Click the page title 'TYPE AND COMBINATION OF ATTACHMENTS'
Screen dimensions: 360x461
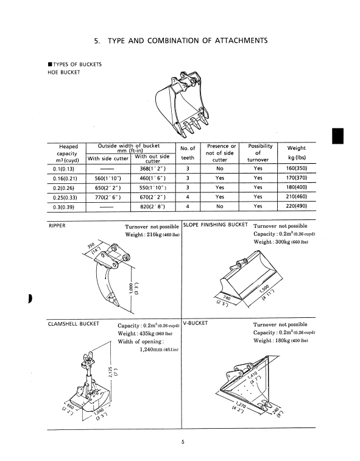pyautogui.click(x=188, y=41)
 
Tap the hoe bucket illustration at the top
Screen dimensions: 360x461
pyautogui.click(x=183, y=104)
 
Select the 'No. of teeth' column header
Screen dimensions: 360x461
pyautogui.click(x=188, y=153)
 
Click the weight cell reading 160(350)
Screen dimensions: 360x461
pyautogui.click(x=297, y=169)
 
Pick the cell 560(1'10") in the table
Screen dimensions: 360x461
pyautogui.click(x=108, y=178)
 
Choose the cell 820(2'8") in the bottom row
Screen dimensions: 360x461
pyautogui.click(x=153, y=206)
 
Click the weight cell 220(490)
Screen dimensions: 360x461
pyautogui.click(x=297, y=206)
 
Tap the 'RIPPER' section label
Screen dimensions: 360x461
pyautogui.click(x=57, y=226)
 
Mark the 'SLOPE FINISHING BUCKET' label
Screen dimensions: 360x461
pyautogui.click(x=216, y=225)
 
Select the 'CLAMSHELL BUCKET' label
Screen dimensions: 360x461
pyautogui.click(x=74, y=324)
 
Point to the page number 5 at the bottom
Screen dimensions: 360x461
pyautogui.click(x=183, y=442)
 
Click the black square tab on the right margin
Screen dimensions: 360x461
pyautogui.click(x=338, y=136)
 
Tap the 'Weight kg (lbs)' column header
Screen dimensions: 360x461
pyautogui.click(x=297, y=153)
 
